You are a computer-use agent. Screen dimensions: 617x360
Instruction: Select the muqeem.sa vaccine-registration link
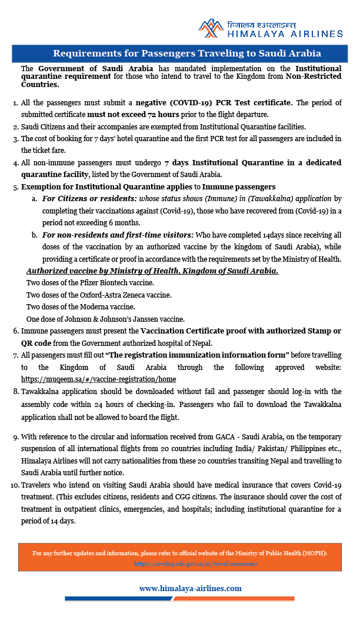click(98, 379)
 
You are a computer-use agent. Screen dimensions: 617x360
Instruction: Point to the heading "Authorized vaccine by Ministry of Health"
click(152, 271)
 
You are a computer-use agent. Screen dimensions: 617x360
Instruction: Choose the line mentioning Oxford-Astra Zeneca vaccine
click(99, 295)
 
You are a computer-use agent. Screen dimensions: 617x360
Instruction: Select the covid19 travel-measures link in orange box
click(196, 563)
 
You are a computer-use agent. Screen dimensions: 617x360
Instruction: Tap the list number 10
click(15, 485)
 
